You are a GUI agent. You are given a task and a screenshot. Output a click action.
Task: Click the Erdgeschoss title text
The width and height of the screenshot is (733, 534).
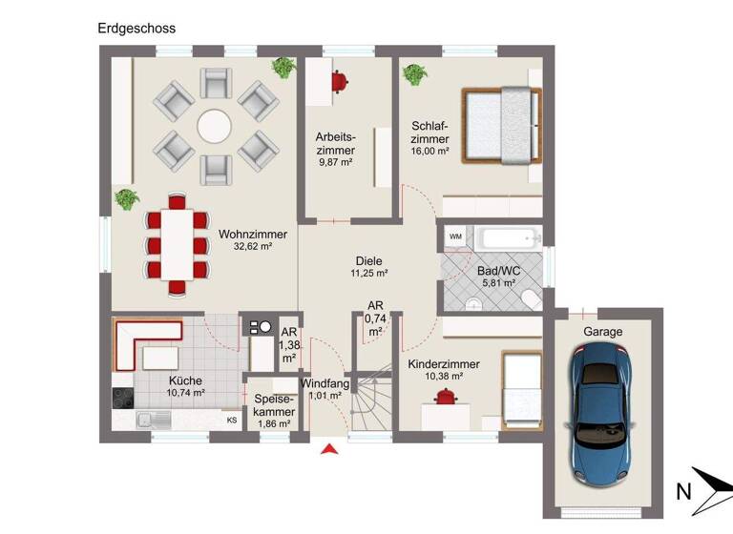point(136,29)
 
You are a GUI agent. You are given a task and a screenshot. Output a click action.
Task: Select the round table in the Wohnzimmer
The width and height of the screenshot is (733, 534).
point(213,126)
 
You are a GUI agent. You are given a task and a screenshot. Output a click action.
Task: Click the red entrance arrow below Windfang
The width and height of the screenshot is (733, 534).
point(330,450)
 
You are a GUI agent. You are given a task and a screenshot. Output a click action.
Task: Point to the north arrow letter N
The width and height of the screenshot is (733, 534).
point(683,492)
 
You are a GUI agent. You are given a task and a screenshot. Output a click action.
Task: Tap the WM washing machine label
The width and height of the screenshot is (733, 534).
point(455,236)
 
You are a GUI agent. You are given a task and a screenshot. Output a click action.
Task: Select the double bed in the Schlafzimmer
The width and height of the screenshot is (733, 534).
point(501,125)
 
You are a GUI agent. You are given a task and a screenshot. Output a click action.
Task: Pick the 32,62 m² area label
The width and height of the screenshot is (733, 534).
point(253,246)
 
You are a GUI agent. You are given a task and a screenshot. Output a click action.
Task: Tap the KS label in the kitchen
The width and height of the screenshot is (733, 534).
point(231,420)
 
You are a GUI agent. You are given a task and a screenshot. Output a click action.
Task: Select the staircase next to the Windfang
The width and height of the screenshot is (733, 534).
point(373,400)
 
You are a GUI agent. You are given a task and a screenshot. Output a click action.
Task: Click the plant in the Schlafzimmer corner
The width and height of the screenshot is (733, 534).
point(414,73)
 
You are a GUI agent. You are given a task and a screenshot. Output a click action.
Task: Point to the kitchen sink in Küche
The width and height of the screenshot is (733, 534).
point(150,418)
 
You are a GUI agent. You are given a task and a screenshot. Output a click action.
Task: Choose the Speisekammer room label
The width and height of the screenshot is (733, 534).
point(274,404)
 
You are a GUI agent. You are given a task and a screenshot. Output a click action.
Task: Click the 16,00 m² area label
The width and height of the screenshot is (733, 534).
point(429,152)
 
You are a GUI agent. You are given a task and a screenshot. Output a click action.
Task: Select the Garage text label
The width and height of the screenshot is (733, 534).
point(602,332)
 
